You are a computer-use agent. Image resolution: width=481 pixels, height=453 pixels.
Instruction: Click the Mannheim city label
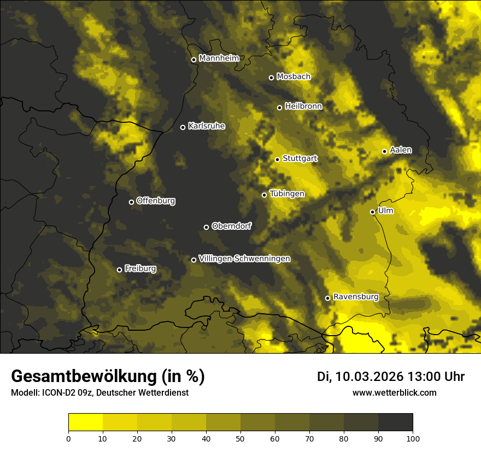(x=219, y=58)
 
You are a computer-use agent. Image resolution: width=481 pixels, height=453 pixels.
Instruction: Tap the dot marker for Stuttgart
(x=277, y=159)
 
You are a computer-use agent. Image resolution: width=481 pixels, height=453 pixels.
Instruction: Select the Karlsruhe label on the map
(x=206, y=126)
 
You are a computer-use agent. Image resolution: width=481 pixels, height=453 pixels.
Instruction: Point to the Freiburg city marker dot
(x=119, y=270)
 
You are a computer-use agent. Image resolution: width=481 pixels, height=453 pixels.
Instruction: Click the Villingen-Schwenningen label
(x=244, y=258)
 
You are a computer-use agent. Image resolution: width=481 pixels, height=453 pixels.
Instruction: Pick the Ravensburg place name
(x=355, y=296)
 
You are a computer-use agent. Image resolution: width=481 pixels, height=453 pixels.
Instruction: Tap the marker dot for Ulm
(x=372, y=212)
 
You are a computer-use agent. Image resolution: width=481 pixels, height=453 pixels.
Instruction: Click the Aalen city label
(x=401, y=150)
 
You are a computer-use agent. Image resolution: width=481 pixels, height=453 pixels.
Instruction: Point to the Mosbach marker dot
(x=271, y=78)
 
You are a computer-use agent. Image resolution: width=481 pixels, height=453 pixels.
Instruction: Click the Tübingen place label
(x=287, y=193)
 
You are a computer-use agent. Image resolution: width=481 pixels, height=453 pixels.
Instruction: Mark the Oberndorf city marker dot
(x=206, y=227)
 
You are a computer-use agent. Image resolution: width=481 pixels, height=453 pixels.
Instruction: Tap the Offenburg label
(x=156, y=200)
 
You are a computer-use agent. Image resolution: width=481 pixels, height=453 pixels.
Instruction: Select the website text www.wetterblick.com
(x=394, y=392)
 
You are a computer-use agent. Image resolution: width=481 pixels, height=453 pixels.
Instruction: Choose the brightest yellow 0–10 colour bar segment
(x=86, y=422)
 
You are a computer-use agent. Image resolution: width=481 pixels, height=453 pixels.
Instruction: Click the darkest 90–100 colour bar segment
(x=395, y=422)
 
